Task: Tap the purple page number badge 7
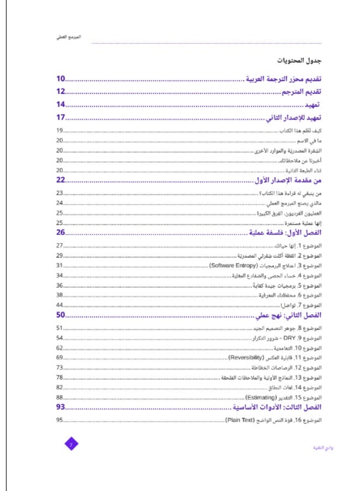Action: (71, 445)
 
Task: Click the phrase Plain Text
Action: (241, 421)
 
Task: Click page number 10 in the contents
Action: (61, 79)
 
